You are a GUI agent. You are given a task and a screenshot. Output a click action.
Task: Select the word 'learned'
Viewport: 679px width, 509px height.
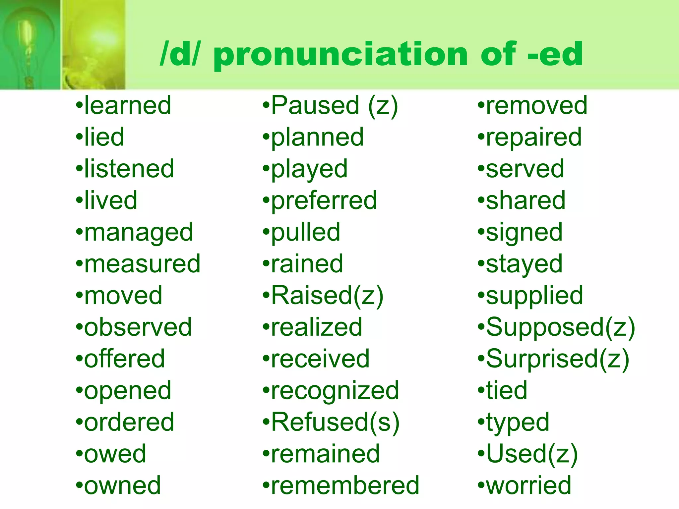pos(128,105)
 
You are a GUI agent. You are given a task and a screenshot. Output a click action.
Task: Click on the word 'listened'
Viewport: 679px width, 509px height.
pos(129,169)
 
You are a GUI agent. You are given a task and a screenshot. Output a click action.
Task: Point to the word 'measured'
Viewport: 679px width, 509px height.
pos(142,264)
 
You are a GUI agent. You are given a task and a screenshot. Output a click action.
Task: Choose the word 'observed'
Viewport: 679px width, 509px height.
pos(138,327)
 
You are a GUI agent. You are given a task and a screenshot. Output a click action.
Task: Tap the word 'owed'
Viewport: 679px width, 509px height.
pos(115,454)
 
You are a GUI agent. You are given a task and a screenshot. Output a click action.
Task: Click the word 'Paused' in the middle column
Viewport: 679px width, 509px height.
pos(315,105)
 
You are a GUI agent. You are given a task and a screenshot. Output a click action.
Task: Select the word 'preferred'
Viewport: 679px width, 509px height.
pos(324,200)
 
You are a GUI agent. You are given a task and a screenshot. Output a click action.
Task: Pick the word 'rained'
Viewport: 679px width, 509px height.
pos(307,264)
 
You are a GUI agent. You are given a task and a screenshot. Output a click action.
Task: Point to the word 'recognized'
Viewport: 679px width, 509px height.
pos(335,390)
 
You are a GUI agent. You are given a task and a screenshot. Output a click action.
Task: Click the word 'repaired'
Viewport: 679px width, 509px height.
pos(534,137)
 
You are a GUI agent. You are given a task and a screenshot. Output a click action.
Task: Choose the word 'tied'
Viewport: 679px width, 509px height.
pos(507,390)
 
